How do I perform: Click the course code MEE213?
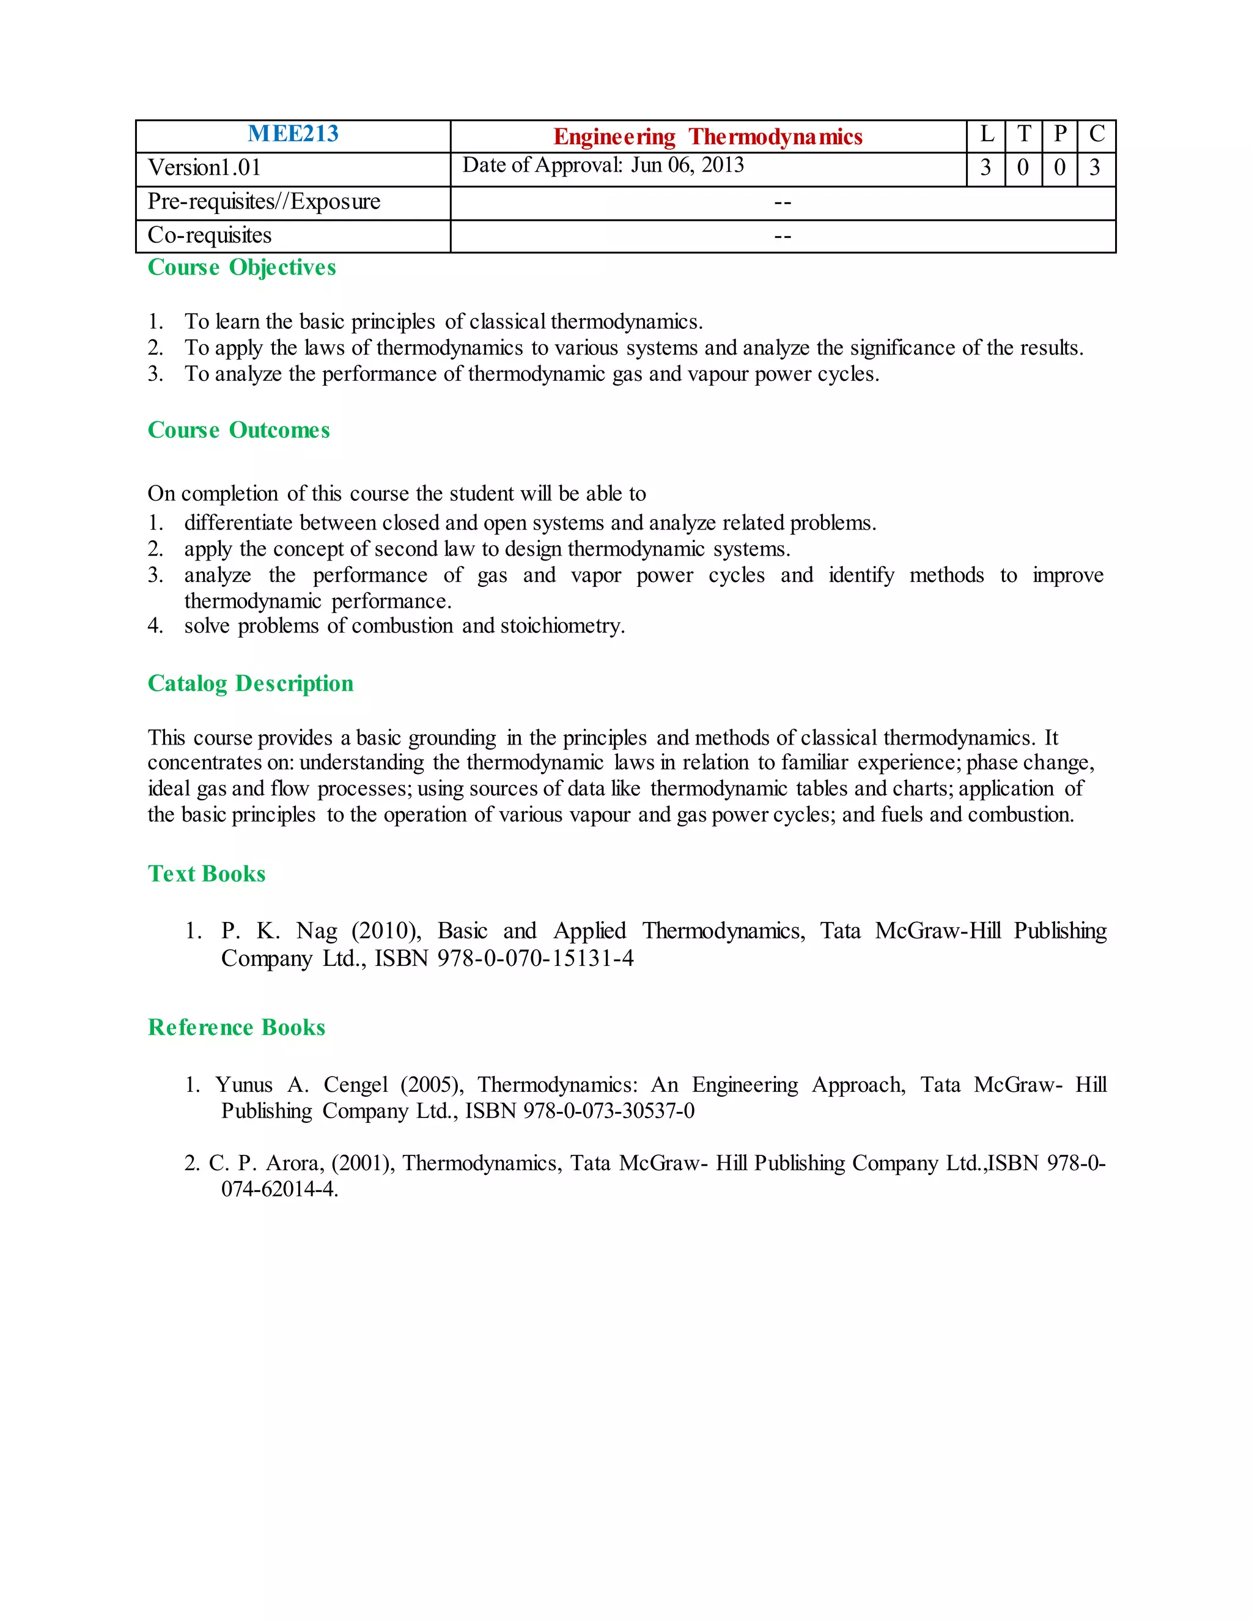tap(293, 134)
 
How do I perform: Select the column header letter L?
tap(987, 134)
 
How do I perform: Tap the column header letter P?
tap(1060, 134)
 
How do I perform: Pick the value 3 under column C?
tap(1095, 168)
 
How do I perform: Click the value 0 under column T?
tap(1023, 168)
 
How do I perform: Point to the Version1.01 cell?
tap(205, 168)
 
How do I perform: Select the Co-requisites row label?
tap(210, 235)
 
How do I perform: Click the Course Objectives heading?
tap(242, 268)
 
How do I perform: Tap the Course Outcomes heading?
tap(239, 430)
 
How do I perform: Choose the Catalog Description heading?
tap(251, 684)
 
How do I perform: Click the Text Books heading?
tap(207, 874)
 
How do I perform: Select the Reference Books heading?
tap(237, 1028)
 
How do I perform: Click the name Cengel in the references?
tap(355, 1085)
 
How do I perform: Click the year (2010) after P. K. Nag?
tap(386, 931)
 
